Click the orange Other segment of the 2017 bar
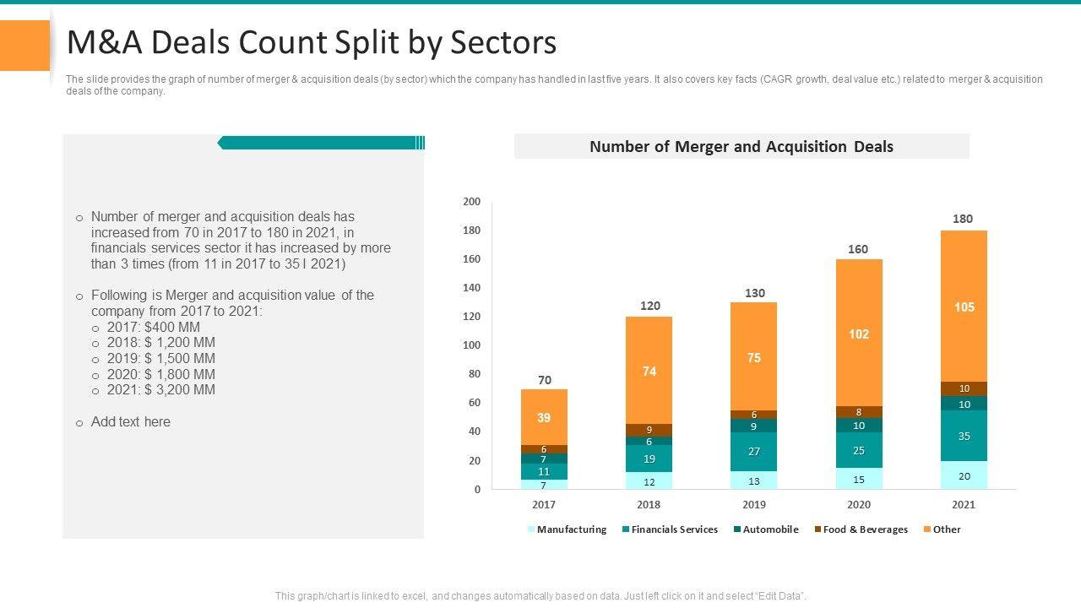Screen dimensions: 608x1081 pos(544,417)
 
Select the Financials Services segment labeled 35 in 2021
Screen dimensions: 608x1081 pos(964,436)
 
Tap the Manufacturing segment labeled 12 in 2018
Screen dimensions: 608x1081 pos(649,481)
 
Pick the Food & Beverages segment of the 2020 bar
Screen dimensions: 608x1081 pos(859,412)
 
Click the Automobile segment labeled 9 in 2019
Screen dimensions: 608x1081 pos(754,426)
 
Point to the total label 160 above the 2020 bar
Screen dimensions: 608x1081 pos(858,249)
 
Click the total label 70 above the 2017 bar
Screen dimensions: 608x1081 pos(545,380)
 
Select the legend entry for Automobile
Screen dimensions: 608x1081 pos(765,529)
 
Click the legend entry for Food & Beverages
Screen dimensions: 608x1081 pos(861,529)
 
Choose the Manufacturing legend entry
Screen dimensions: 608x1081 pos(567,529)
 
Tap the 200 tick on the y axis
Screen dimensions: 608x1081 pos(471,202)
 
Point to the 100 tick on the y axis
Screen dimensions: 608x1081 pos(471,345)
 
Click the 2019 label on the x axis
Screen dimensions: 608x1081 pos(754,505)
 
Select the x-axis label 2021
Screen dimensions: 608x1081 pos(964,505)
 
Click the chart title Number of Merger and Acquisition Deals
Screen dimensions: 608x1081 pos(741,147)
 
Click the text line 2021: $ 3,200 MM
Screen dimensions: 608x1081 pos(160,390)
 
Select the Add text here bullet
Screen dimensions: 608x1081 pos(130,422)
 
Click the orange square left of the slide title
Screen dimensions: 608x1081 pos(24,45)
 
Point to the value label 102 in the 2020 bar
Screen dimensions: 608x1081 pos(859,334)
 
